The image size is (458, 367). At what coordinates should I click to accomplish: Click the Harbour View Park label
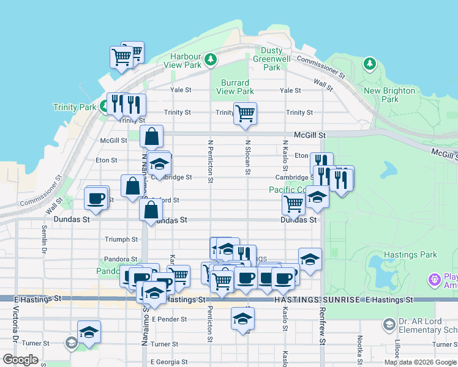click(x=186, y=61)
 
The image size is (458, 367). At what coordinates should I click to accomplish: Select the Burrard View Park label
click(x=235, y=87)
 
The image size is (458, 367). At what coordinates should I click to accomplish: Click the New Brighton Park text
click(x=389, y=95)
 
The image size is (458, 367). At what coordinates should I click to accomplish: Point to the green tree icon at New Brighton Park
click(x=369, y=64)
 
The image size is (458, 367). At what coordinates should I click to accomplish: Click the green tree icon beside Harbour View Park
click(x=211, y=59)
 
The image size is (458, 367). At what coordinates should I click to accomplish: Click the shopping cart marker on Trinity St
click(x=245, y=113)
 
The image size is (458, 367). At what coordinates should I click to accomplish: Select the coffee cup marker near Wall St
click(x=96, y=198)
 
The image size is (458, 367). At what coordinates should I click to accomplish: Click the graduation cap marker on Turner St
click(x=89, y=332)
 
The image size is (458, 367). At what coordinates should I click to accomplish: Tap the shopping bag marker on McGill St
click(x=151, y=137)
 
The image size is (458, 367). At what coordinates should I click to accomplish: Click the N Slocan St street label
click(x=248, y=157)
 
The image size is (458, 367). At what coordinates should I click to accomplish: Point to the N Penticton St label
click(x=210, y=161)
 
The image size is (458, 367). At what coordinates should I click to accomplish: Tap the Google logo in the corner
click(x=20, y=360)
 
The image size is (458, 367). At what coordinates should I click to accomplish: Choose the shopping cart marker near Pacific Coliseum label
click(x=293, y=205)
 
